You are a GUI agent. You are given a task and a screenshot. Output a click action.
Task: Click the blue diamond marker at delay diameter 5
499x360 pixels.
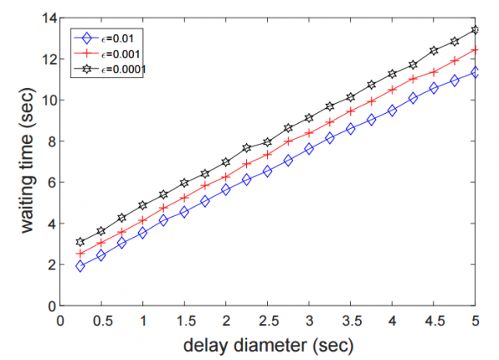(475, 72)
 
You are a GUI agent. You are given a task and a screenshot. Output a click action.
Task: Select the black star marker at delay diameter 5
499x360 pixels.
(475, 30)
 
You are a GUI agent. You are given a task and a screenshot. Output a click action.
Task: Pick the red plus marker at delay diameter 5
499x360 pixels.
(475, 50)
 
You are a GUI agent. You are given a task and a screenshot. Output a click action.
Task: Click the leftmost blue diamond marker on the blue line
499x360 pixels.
(81, 266)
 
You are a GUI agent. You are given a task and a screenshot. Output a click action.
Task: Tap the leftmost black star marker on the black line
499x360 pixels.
(81, 242)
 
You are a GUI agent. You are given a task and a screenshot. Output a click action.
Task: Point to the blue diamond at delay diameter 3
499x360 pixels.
(309, 149)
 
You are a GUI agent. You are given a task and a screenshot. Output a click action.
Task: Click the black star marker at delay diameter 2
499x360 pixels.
(226, 161)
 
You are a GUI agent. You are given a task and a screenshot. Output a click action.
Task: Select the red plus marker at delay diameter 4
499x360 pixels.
(392, 90)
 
